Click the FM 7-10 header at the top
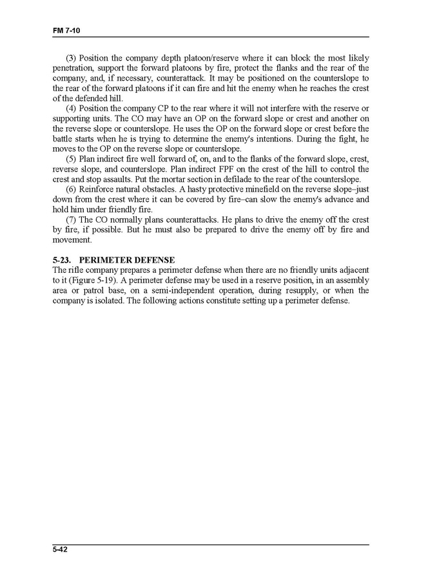click(66, 30)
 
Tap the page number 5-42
click(61, 549)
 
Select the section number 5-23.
click(63, 260)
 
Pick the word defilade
click(253, 179)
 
